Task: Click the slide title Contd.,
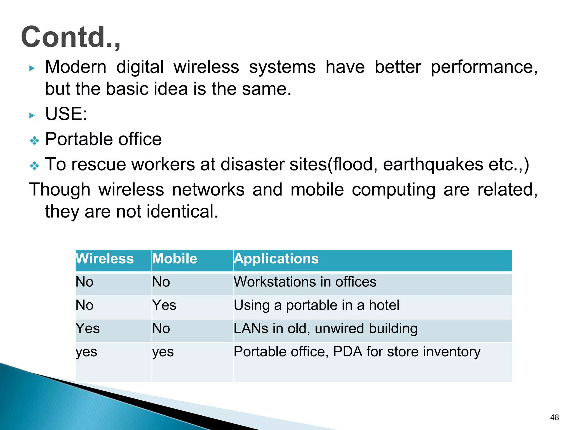point(71,37)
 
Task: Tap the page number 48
point(554,417)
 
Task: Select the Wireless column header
point(105,258)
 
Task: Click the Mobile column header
point(175,258)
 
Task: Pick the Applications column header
point(276,258)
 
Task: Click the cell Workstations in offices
point(305,282)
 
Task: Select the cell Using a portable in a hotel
point(316,305)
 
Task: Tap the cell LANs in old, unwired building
point(325,328)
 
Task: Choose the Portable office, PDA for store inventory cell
point(357,352)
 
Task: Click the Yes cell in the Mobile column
point(164,305)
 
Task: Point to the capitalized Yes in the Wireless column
point(88,328)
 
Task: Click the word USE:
point(66,114)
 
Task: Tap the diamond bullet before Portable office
point(34,141)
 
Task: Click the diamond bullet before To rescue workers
point(34,166)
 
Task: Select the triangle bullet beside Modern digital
point(32,68)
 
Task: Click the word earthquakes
point(433,164)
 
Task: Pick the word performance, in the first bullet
point(484,67)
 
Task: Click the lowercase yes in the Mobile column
point(163,352)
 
